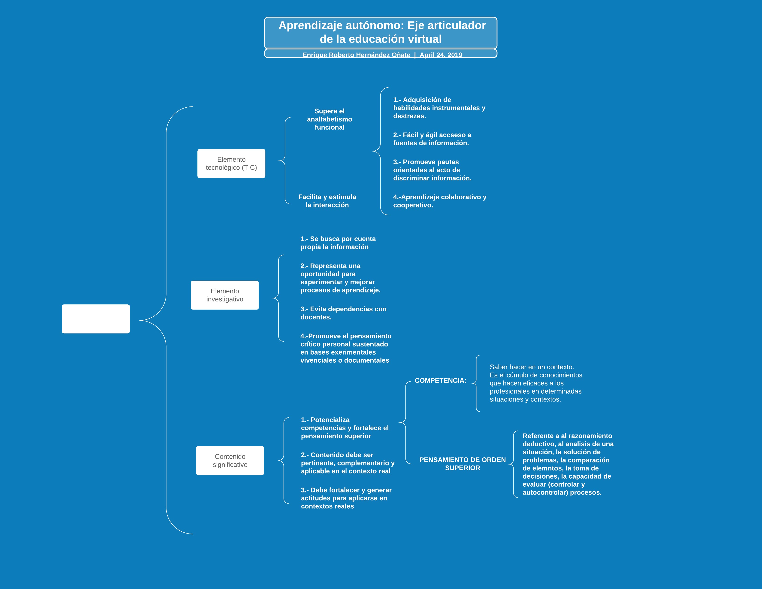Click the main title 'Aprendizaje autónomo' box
coord(381,32)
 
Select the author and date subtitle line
coord(382,55)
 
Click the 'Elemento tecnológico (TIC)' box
coord(231,163)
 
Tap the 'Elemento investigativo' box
coord(225,295)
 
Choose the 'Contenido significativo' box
coord(230,460)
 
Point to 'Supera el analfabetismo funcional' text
coord(329,119)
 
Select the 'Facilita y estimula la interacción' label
coord(327,201)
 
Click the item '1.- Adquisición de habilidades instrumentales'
coord(439,108)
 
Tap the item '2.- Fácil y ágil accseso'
coord(432,139)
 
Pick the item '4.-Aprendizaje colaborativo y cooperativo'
coord(440,201)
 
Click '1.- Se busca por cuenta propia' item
coord(338,243)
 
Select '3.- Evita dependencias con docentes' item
coord(343,313)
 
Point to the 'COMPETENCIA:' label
coord(440,380)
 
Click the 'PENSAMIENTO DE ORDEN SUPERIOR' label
coord(462,464)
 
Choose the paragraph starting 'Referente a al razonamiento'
coord(568,464)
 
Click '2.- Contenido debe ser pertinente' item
coord(348,463)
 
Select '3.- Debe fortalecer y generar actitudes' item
coord(346,498)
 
